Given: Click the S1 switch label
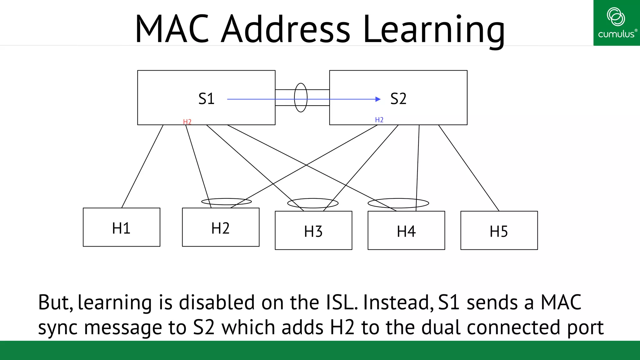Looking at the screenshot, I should point(206,99).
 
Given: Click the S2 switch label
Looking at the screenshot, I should point(398,99).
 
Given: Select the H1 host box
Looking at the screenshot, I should point(121,227).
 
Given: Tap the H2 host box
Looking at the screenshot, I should point(221,227).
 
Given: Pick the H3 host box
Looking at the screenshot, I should point(313,231).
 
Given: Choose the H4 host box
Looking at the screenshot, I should point(406,231).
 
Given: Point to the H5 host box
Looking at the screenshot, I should point(499,231).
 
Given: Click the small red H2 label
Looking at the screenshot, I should point(187,122).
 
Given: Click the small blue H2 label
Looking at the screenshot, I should point(379,120).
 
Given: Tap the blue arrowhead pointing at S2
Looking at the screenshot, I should point(378,99).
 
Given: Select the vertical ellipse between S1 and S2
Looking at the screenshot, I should point(301,84).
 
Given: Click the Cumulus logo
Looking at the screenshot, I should point(616,23).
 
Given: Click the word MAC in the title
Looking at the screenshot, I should point(172,29).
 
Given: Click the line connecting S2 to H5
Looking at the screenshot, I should point(469,168).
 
